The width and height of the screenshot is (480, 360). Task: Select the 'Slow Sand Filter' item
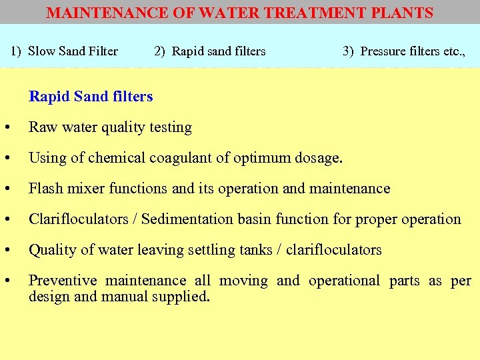[73, 51]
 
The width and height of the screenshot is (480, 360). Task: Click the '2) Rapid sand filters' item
[210, 51]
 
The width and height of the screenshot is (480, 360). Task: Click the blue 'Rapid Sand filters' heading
[91, 97]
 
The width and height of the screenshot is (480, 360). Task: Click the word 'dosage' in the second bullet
[318, 158]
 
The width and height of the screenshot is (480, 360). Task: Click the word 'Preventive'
[62, 281]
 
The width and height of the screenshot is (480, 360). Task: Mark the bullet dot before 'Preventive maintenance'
[6, 281]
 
